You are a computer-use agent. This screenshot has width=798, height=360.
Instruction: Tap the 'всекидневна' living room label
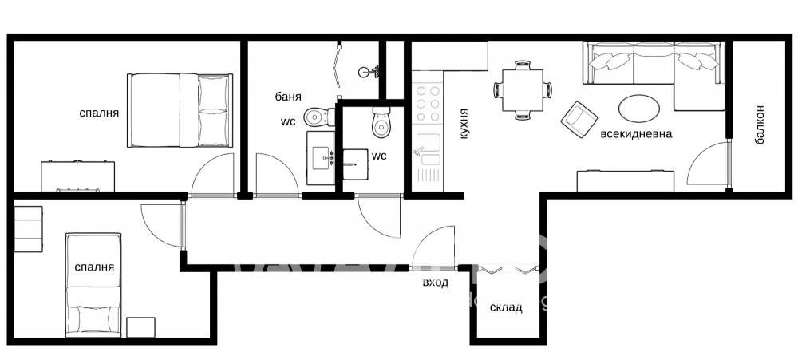[636, 133]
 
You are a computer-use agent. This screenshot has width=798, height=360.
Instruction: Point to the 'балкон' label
[760, 124]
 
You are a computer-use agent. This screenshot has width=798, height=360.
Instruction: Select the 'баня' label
[288, 97]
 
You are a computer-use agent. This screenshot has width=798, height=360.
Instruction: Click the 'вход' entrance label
[436, 283]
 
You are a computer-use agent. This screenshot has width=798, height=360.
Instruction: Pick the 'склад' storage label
[506, 307]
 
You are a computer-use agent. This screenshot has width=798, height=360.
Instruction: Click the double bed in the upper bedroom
[180, 110]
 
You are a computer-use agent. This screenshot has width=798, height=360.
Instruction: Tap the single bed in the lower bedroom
[94, 283]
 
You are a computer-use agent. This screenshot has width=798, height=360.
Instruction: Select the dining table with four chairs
[523, 89]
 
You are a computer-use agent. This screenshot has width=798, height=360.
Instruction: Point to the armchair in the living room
[579, 118]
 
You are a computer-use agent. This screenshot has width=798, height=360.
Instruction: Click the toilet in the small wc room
[381, 123]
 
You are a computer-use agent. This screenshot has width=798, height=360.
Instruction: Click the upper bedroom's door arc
[212, 172]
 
